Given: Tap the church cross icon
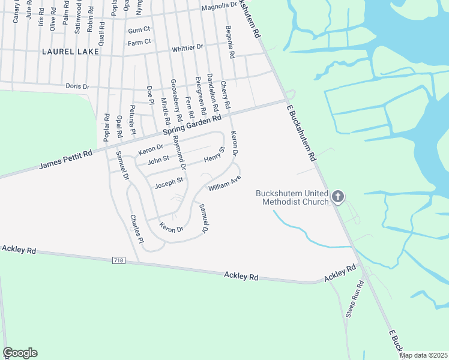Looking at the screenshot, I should (x=338, y=196).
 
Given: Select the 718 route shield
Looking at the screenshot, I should (x=119, y=260).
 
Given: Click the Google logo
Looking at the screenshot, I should (x=20, y=353).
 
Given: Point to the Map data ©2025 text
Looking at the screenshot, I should (x=423, y=355).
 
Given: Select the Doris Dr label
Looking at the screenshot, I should (x=77, y=86).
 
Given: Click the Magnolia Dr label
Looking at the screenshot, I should (x=220, y=6).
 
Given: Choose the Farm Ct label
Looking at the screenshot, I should (x=138, y=43).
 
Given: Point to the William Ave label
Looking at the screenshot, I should (x=224, y=183).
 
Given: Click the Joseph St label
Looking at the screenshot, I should (x=169, y=182).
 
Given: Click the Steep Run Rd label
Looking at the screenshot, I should (x=354, y=299).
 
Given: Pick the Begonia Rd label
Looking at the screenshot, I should (x=229, y=41).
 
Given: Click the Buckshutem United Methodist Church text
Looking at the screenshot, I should (x=292, y=197).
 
